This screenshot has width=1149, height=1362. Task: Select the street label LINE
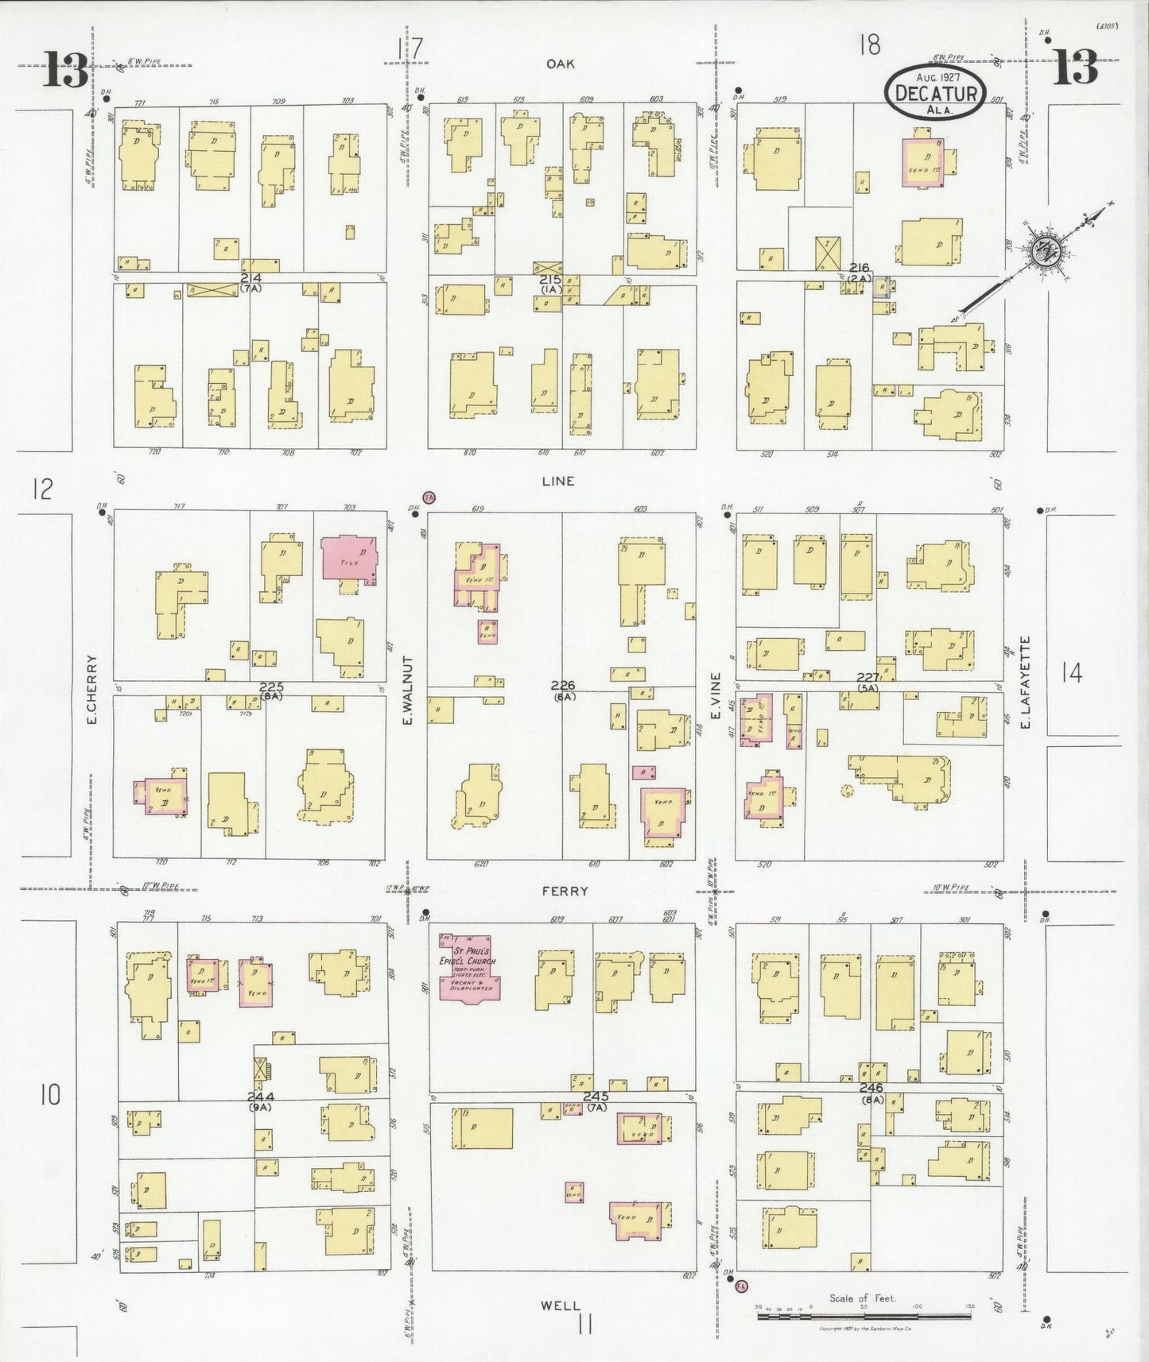[557, 481]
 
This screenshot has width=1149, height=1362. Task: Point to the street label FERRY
[565, 892]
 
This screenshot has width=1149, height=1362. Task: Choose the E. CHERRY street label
[92, 689]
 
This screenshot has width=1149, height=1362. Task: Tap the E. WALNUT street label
[408, 691]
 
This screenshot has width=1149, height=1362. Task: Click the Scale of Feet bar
[863, 1316]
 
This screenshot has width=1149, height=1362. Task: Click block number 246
[871, 1087]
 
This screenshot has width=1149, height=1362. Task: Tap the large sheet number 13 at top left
[65, 69]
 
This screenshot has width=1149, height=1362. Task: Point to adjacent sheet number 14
[1071, 673]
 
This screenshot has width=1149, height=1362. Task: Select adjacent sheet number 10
[49, 1095]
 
